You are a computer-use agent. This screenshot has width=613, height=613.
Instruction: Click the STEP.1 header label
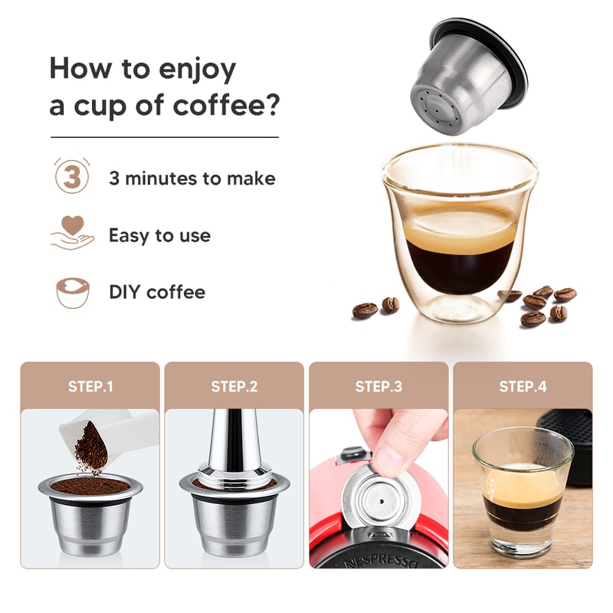click(x=90, y=386)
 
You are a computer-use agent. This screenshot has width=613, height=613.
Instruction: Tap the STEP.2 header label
click(x=234, y=386)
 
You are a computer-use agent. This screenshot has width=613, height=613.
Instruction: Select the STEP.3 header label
click(x=379, y=386)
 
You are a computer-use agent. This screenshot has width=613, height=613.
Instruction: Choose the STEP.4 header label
click(x=523, y=386)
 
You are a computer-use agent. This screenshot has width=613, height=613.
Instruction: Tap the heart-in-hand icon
click(x=71, y=234)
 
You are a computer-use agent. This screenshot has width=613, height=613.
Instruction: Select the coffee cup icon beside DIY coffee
click(x=72, y=292)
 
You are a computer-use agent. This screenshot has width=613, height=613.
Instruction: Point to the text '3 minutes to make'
click(x=192, y=179)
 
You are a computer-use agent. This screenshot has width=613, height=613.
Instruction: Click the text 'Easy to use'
click(x=159, y=235)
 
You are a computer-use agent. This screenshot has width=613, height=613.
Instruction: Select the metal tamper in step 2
click(x=235, y=452)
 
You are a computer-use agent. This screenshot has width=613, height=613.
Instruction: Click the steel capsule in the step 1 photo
click(x=90, y=513)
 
